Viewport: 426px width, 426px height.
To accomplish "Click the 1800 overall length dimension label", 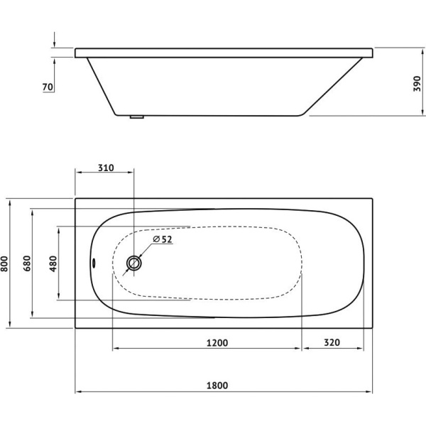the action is (217, 386).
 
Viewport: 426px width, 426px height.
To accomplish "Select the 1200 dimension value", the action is (217, 343).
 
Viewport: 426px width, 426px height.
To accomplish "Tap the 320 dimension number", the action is (332, 342).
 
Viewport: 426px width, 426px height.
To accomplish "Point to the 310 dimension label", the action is (106, 168).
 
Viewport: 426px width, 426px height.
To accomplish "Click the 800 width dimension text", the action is (5, 263).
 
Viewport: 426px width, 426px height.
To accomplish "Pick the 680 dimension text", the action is (27, 263).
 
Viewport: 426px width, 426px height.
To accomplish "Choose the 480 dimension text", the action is (53, 263).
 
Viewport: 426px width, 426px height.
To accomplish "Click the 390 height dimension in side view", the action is (417, 84).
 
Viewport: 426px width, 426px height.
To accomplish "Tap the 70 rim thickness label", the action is (48, 87).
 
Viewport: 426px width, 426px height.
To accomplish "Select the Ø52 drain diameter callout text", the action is (163, 239).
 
